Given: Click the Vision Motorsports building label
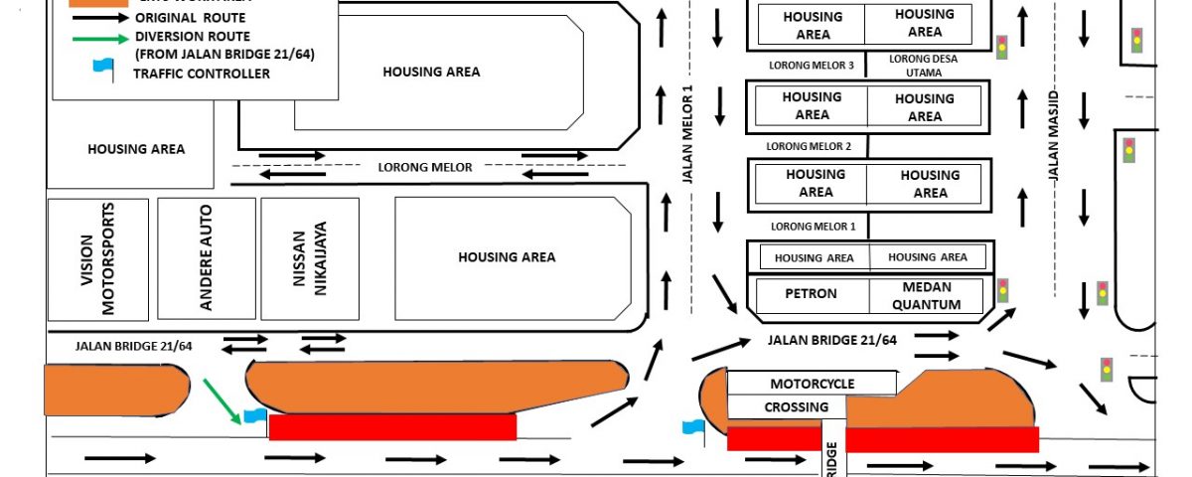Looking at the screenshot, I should click(x=99, y=259).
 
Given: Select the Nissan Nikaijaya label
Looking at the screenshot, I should click(x=310, y=259).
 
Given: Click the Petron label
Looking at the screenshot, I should click(x=811, y=294).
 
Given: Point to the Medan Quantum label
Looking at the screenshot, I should click(x=926, y=296).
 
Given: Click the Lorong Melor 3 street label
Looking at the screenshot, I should click(x=812, y=65).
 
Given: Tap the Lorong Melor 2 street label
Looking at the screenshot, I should click(x=809, y=146).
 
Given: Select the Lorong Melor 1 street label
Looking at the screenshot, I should click(x=813, y=227).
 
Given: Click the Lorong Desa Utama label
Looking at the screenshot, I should click(x=924, y=66).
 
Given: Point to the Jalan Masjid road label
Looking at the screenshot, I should click(x=1056, y=135).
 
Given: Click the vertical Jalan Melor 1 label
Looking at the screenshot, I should click(x=686, y=134).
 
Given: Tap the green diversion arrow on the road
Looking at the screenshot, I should click(x=222, y=399).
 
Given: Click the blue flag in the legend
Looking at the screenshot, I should click(x=102, y=68).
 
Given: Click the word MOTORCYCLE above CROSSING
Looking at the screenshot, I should click(x=812, y=384).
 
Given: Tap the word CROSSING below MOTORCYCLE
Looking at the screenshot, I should click(x=796, y=407).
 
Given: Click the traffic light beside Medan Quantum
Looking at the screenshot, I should click(x=1003, y=290).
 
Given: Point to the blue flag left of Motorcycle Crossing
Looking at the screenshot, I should click(x=692, y=427).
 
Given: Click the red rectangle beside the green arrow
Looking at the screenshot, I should click(x=392, y=427).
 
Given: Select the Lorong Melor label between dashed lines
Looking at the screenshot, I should click(x=425, y=167).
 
